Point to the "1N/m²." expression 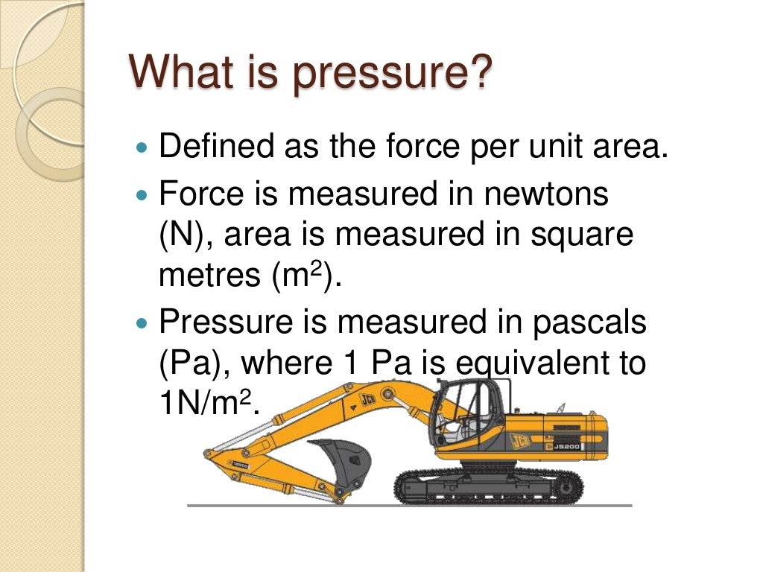click(211, 404)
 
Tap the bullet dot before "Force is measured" click(144, 196)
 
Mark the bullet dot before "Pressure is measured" click(144, 324)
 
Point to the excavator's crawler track click(488, 486)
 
